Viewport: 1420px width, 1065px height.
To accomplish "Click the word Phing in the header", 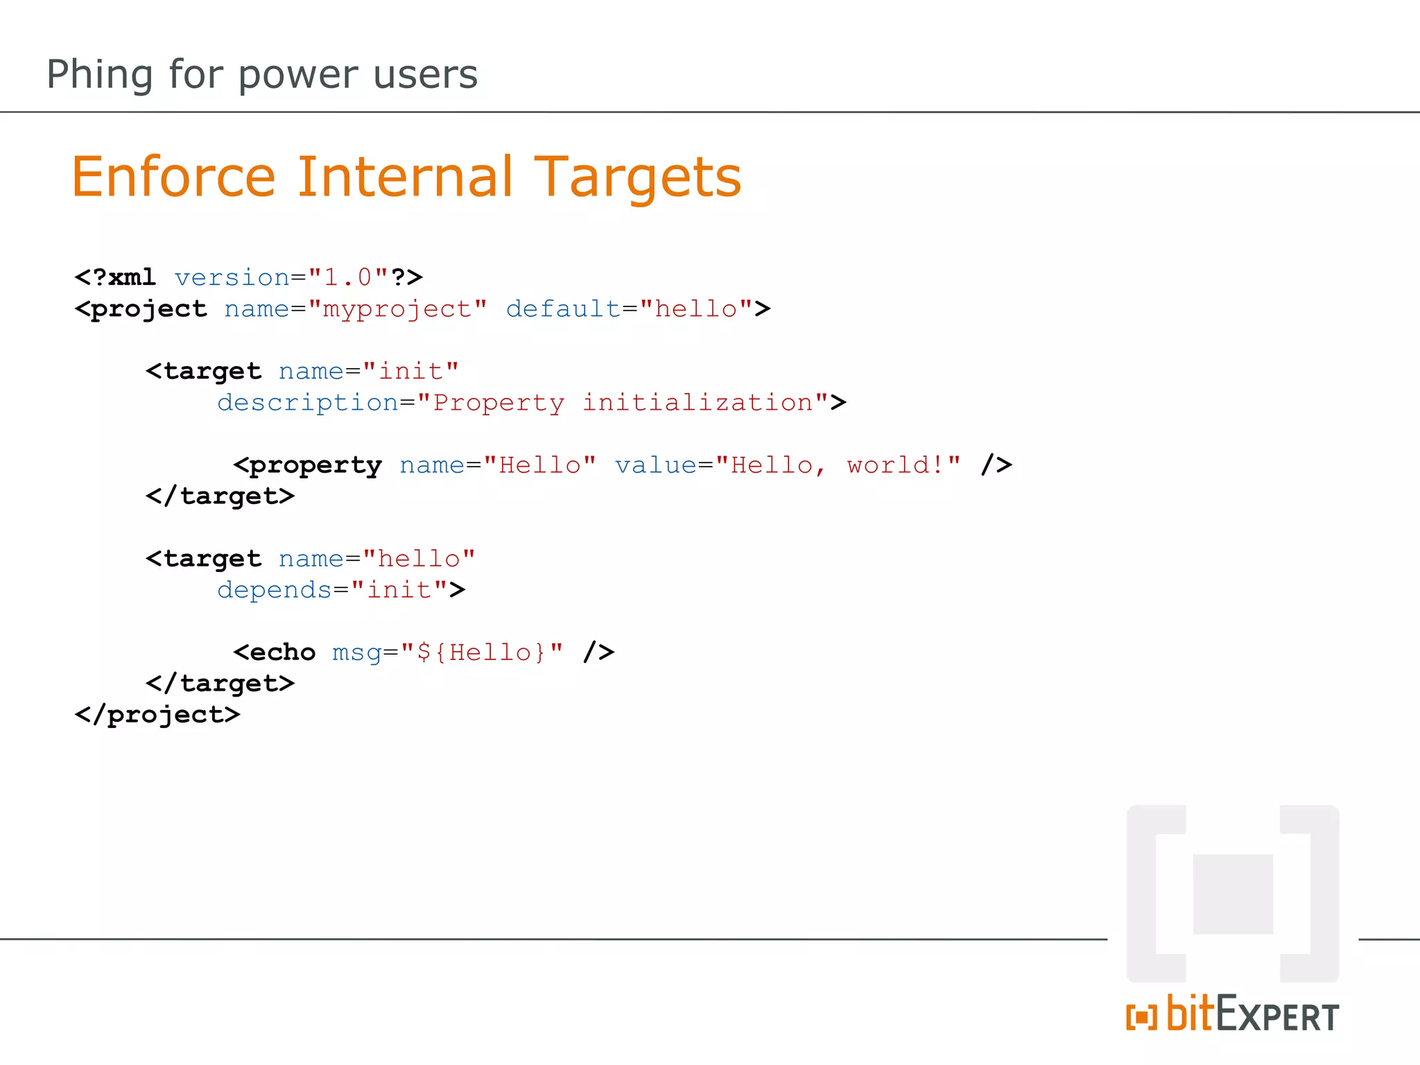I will coord(99,75).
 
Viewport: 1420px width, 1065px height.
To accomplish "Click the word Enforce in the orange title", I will coord(173,177).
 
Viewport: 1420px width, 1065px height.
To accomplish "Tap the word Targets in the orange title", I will coord(637,178).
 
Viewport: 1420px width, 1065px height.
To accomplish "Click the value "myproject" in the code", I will coord(397,309).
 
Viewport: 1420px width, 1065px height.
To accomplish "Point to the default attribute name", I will coord(563,309).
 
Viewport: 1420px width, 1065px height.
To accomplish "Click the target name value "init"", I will coord(410,371).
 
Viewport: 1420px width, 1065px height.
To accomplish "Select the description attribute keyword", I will coord(308,403).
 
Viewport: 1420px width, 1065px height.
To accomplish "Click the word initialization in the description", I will coord(698,403).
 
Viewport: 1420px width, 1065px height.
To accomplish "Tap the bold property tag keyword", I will coord(315,465).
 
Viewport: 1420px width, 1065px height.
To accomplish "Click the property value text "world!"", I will coord(894,465).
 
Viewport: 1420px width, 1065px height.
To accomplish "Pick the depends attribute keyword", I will coord(275,590).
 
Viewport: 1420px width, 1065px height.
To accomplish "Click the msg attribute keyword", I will coord(356,652).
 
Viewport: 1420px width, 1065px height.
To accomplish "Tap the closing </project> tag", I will coord(157,715).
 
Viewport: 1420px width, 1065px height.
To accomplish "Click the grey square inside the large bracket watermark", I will coord(1233,894).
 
